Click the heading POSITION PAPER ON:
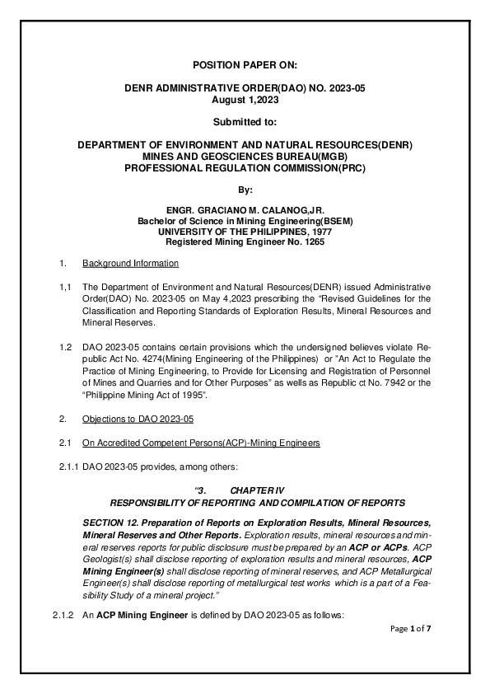pyautogui.click(x=245, y=63)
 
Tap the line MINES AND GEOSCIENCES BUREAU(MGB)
pyautogui.click(x=245, y=155)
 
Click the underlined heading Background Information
pyautogui.click(x=130, y=264)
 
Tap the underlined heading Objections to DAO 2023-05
pyautogui.click(x=138, y=420)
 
